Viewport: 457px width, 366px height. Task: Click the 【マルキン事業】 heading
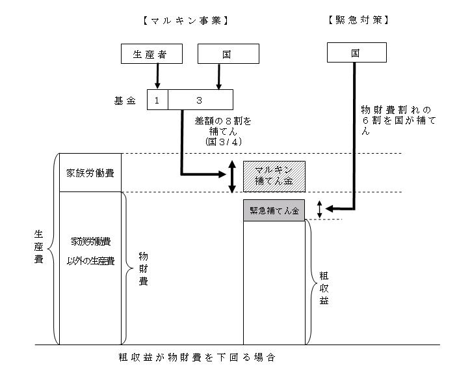click(185, 20)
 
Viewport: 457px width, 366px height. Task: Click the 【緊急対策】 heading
click(356, 20)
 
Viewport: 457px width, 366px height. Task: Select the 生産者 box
click(151, 53)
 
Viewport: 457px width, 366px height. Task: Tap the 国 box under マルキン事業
click(228, 53)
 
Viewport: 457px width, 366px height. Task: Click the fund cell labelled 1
click(157, 100)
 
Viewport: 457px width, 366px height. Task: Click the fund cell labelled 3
click(200, 100)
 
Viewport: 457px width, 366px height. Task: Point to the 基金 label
click(125, 100)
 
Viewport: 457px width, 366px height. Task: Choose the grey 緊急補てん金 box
click(274, 211)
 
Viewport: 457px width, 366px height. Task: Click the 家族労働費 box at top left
click(91, 173)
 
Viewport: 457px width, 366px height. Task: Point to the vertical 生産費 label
click(38, 249)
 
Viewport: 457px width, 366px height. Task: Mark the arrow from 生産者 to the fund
click(157, 77)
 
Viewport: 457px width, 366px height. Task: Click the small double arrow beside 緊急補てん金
click(319, 209)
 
